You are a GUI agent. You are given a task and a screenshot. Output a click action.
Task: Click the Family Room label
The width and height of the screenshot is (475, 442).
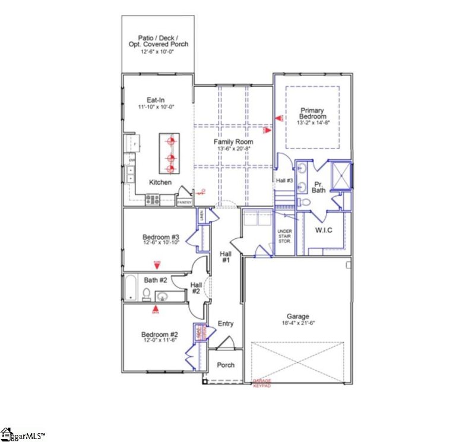[x=233, y=142]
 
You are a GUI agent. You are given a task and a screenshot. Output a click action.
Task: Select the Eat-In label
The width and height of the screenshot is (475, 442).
[x=156, y=100]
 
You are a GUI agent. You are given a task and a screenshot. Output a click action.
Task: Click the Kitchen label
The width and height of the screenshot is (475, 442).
[x=160, y=182]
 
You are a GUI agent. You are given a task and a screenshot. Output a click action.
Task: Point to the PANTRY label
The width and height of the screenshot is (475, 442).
[x=185, y=203]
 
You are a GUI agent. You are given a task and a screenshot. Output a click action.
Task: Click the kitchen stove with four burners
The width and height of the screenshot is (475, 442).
[x=152, y=201]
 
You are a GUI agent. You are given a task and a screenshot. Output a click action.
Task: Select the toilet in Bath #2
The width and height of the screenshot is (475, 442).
[x=146, y=293]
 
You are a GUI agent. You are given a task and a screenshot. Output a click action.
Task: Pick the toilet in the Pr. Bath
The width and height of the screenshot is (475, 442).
[x=305, y=203]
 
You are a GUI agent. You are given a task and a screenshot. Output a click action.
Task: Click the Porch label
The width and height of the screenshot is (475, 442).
[x=225, y=365]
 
